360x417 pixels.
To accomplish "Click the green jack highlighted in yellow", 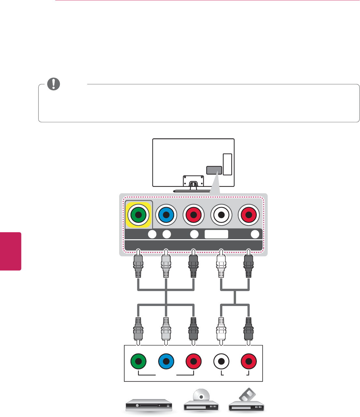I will click(x=138, y=215).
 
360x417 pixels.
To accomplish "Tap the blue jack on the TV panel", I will click(x=166, y=215).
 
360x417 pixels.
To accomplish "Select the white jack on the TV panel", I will click(x=221, y=215).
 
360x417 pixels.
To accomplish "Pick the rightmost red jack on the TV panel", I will click(x=249, y=215).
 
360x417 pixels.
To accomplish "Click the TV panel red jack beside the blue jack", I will click(x=194, y=215).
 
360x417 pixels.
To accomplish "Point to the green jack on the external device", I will click(x=138, y=361).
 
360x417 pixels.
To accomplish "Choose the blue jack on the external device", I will click(x=166, y=361).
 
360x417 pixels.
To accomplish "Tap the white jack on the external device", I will click(x=221, y=361).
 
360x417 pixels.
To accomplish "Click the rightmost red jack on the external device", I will click(x=249, y=361).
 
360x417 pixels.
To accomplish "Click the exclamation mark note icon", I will click(x=54, y=84).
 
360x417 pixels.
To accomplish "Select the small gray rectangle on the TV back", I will click(x=214, y=170).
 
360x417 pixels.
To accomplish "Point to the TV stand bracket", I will click(x=193, y=181).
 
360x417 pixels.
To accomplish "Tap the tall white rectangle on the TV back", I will click(x=228, y=164).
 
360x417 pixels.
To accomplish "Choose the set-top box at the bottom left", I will click(x=149, y=406).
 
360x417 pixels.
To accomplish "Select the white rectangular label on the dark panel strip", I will click(x=216, y=234).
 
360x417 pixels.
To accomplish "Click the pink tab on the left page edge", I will click(x=10, y=251).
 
